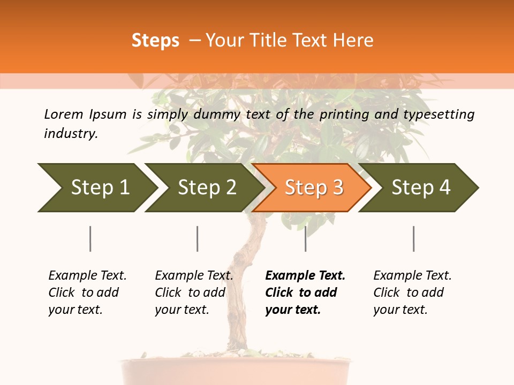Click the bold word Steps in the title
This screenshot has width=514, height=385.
155,40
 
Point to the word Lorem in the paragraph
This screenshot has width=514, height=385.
63,114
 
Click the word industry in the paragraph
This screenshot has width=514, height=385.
71,133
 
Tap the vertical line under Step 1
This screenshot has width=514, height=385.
90,238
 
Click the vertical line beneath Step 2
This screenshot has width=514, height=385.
197,238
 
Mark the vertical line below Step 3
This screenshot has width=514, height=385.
305,238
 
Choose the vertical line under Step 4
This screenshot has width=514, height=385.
413,238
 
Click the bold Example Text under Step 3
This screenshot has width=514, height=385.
305,275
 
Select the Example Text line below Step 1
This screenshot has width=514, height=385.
87,275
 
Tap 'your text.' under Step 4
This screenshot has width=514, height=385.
400,310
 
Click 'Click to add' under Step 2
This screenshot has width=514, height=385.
190,292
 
